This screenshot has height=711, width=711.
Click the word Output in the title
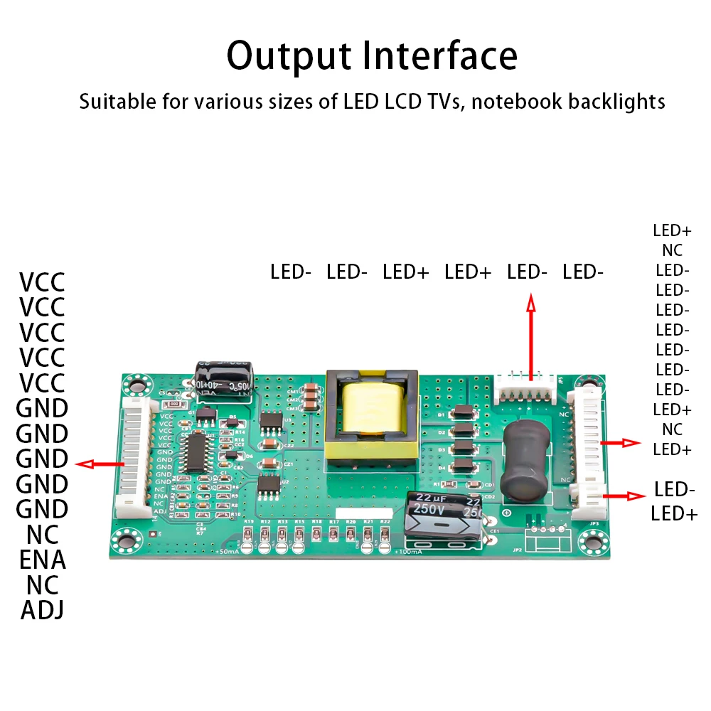pos(288,55)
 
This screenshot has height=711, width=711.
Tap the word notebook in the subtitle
pos(517,101)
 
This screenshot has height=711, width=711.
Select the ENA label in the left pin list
pos(43,560)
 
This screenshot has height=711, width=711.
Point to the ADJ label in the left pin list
pos(43,610)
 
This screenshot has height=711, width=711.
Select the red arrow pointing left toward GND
pos(100,464)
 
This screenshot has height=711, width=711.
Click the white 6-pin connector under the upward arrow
pos(526,387)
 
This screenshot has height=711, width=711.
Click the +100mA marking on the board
pos(406,552)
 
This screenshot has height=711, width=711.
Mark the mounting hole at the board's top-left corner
pos(132,385)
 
